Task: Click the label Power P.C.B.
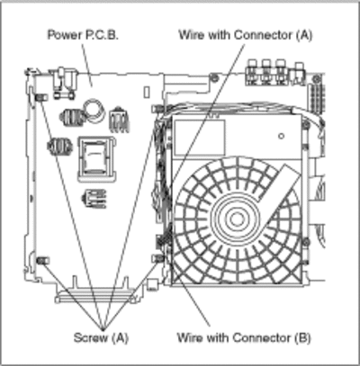coord(83,35)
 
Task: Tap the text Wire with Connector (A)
coord(246,35)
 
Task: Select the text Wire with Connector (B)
coord(244,337)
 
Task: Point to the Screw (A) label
coord(101,337)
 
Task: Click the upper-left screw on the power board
coord(41,97)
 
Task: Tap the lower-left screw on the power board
coord(43,261)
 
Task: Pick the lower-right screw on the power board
coord(157,258)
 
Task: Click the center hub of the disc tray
coord(237,219)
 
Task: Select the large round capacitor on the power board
coord(94,111)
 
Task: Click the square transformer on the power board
coord(97,159)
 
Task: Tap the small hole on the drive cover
coord(281,136)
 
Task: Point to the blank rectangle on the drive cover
coord(200,138)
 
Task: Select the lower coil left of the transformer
coord(59,147)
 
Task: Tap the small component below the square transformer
coord(94,198)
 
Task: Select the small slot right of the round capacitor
coord(147,92)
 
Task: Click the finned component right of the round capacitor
coord(119,120)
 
